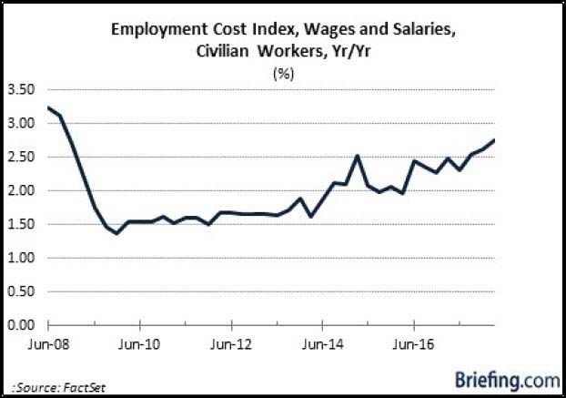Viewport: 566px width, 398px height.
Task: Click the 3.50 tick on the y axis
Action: tap(21, 89)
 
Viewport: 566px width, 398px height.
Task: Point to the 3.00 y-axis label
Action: tap(21, 123)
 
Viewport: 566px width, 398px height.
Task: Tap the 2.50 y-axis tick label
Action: tap(21, 157)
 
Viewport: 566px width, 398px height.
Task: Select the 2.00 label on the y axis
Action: tap(21, 190)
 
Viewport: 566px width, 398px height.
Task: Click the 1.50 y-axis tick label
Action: tap(21, 224)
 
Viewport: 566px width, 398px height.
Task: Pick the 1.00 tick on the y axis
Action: tap(21, 258)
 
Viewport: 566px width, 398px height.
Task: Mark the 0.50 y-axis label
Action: tap(21, 291)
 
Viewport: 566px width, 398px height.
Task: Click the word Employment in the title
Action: tap(156, 30)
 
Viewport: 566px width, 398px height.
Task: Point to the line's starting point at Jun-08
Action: tap(46, 108)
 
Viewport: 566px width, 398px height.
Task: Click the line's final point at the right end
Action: tap(494, 139)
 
